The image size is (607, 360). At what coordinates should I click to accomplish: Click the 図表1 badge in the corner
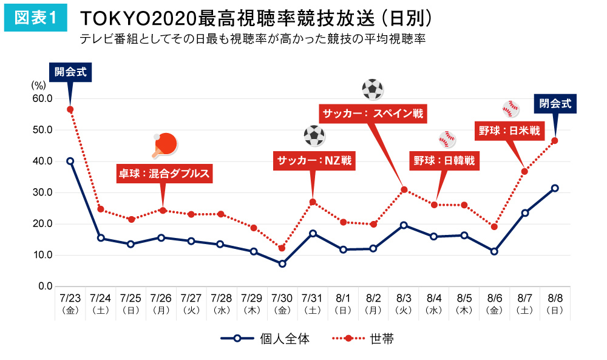35,19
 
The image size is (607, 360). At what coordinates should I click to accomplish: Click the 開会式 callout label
70,72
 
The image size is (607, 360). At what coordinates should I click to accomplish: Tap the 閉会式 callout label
555,103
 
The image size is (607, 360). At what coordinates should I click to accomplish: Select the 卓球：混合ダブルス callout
164,174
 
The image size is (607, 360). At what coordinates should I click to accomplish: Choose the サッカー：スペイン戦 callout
373,114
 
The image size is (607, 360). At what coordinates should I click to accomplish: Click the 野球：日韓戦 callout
444,161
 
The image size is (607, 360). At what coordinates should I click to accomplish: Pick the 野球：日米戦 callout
509,131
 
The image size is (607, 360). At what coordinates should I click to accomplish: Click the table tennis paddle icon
165,144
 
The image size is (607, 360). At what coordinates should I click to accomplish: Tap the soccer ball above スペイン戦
372,89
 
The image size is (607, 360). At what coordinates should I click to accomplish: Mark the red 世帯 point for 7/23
70,109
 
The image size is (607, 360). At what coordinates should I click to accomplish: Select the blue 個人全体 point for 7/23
70,161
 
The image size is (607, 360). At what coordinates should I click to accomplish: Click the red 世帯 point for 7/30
282,248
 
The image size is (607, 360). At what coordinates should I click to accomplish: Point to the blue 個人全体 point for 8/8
554,188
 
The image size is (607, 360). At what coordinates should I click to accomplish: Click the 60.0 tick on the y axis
41,98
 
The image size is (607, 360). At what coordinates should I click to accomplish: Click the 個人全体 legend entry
265,339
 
